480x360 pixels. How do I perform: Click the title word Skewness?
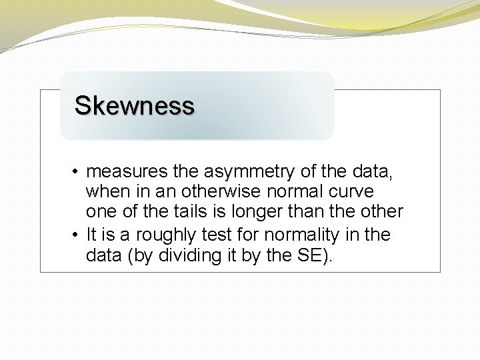click(x=134, y=105)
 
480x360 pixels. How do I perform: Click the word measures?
click(x=127, y=172)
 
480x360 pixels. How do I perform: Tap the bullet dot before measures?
click(x=77, y=173)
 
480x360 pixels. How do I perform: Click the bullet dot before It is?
click(x=77, y=235)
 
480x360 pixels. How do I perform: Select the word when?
click(x=105, y=192)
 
